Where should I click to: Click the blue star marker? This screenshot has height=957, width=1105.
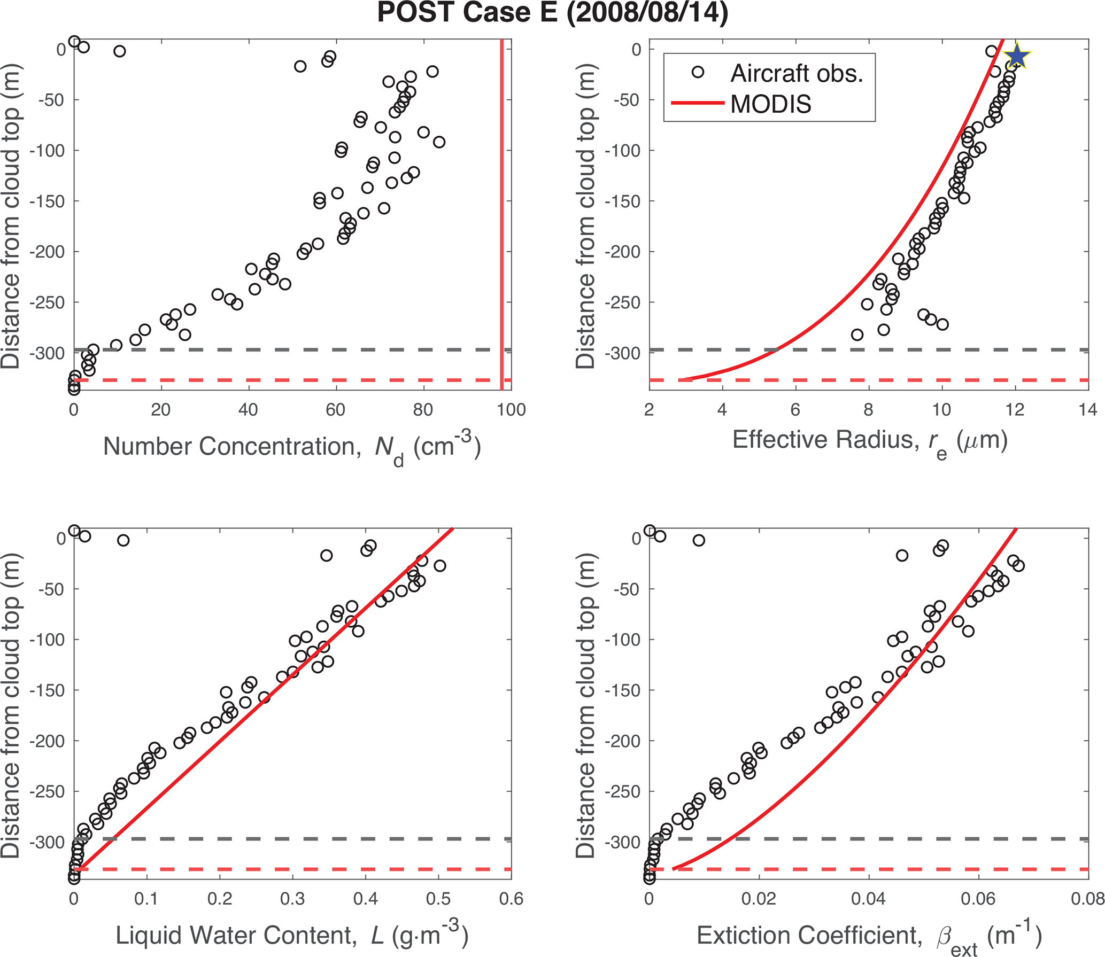1016,57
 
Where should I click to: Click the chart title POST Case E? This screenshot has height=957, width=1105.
552,13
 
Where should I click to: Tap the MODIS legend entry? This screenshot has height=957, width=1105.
770,104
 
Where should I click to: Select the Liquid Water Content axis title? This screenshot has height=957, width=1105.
291,935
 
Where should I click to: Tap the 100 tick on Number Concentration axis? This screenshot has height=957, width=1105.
512,410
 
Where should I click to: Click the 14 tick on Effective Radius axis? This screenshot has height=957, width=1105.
1088,410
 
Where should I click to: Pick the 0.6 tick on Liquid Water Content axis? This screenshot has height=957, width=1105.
512,899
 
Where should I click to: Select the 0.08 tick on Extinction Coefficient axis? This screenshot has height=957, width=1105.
1088,899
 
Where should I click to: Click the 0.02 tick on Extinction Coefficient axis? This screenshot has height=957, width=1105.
759,899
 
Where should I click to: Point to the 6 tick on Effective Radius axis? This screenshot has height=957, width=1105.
795,410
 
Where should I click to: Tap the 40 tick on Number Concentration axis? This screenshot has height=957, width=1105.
249,410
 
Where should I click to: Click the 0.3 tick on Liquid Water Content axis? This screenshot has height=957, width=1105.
292,899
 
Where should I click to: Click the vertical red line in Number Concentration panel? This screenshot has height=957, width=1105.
501,214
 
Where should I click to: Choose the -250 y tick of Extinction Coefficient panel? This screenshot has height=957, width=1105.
622,792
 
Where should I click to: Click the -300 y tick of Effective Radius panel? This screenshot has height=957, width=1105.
622,353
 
